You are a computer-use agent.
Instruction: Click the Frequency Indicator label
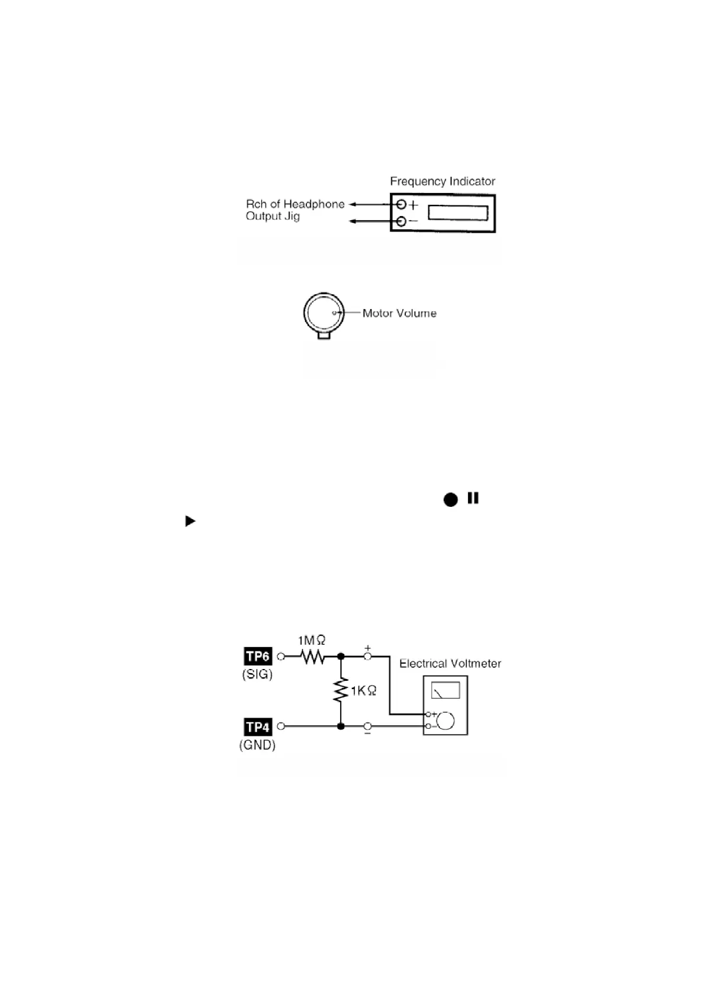(442, 181)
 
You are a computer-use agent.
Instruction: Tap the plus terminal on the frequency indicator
(402, 205)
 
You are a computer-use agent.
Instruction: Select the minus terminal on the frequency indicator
(402, 222)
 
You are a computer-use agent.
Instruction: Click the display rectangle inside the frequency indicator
(458, 212)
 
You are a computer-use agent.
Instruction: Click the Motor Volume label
(399, 313)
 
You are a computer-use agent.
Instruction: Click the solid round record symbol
(451, 500)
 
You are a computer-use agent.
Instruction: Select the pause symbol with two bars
(473, 498)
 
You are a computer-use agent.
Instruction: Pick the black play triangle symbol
(190, 521)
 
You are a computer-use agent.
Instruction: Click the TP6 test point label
(258, 656)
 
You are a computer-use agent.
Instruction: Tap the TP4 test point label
(258, 726)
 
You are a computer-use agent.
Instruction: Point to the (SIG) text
(257, 674)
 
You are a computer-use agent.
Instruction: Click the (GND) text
(257, 745)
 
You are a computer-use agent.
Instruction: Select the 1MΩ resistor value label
(312, 640)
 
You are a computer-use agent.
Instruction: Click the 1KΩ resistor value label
(363, 690)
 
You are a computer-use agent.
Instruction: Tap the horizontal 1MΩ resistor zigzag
(312, 656)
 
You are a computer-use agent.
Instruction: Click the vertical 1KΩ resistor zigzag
(341, 690)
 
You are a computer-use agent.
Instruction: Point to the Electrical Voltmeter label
(450, 664)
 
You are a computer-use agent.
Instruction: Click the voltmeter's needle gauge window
(445, 690)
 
